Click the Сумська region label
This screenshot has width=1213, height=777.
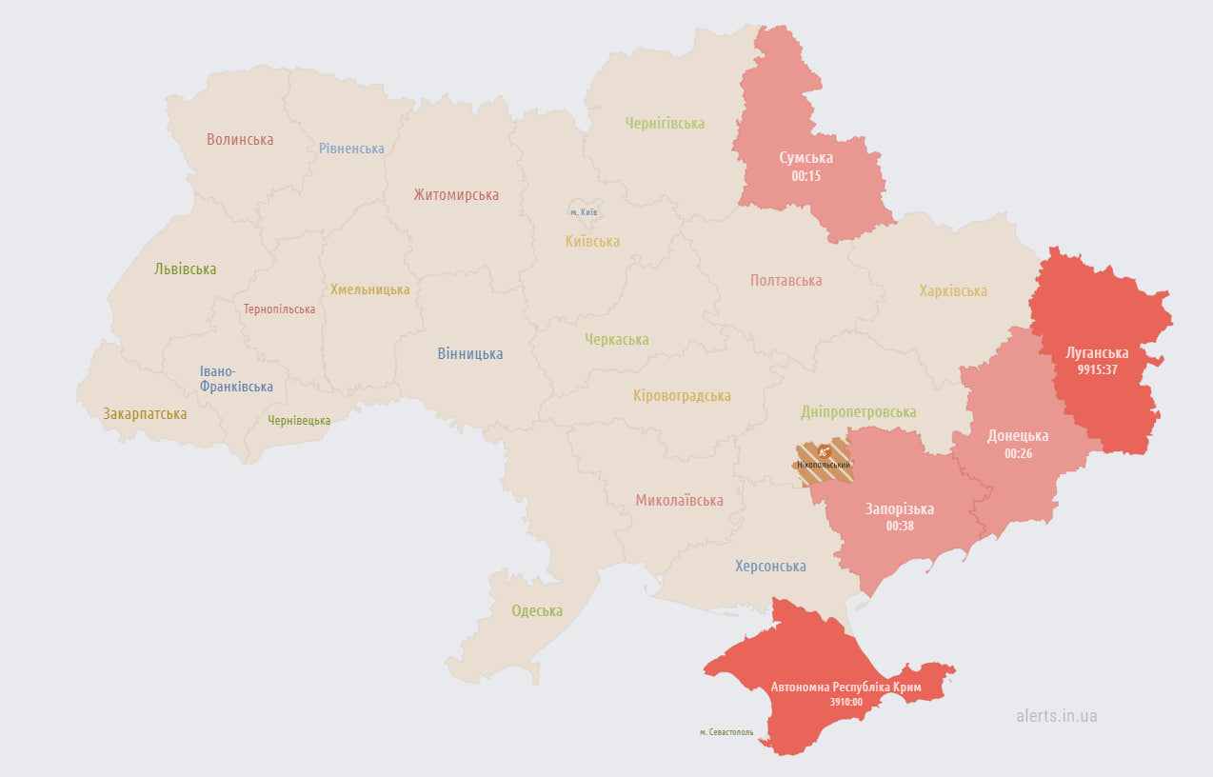(x=805, y=158)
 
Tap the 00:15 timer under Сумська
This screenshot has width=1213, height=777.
(x=805, y=176)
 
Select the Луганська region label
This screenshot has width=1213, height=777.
(x=1097, y=352)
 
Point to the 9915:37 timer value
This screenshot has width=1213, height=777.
(x=1097, y=369)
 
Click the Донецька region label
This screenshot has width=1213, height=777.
(x=1018, y=435)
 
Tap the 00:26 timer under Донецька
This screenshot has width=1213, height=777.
(x=1018, y=453)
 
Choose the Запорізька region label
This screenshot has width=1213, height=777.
(x=899, y=508)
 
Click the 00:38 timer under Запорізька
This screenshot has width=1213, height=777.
(x=899, y=526)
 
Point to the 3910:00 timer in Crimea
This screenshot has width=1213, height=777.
(x=845, y=703)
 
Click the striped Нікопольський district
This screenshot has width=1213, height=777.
(x=823, y=462)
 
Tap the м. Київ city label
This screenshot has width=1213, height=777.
(x=584, y=211)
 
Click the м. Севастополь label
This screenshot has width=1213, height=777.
(x=726, y=732)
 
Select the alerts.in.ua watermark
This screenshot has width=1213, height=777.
(x=1056, y=715)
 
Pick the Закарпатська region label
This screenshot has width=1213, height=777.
(x=145, y=414)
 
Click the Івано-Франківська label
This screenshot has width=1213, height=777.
(x=236, y=379)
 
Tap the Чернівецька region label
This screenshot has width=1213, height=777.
(x=299, y=420)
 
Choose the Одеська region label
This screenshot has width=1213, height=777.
(x=537, y=611)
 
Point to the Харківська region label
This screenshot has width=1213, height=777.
(x=953, y=290)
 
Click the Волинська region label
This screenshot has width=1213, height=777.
(x=240, y=139)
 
